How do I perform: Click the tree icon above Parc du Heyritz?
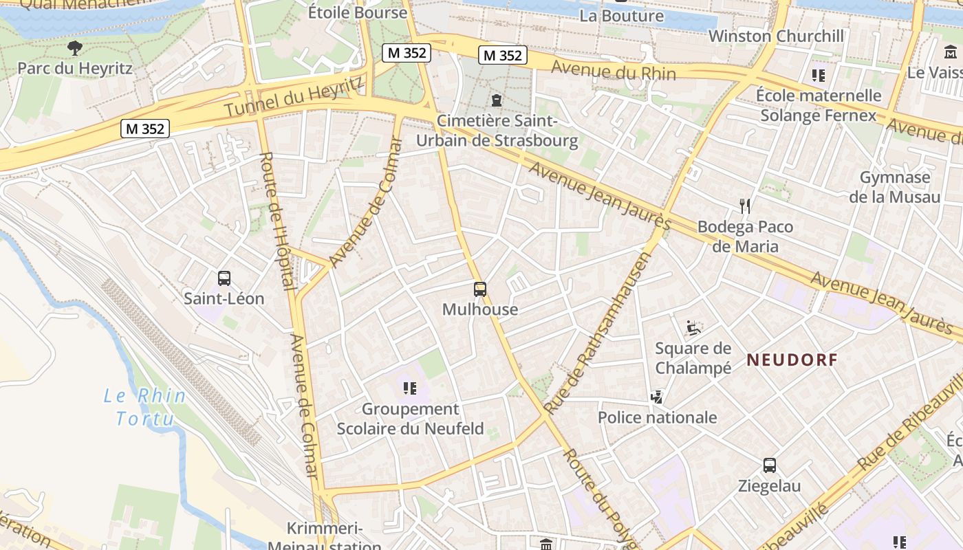75,48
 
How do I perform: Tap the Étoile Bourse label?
357,12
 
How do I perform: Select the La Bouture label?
621,15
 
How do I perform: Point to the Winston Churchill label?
776,36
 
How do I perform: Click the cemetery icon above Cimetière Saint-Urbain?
497,100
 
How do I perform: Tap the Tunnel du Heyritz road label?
294,97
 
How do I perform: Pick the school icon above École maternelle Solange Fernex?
818,74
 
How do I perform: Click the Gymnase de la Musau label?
894,187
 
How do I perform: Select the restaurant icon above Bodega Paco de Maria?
744,206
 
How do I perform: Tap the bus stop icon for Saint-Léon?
224,278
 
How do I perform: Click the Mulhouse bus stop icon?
480,289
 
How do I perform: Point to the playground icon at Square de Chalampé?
693,328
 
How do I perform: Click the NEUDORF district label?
792,360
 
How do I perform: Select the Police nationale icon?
657,397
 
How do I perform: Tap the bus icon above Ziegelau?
770,465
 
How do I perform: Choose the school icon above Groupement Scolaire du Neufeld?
410,388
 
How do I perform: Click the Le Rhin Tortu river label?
144,406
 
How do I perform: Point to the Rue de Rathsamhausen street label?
597,333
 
